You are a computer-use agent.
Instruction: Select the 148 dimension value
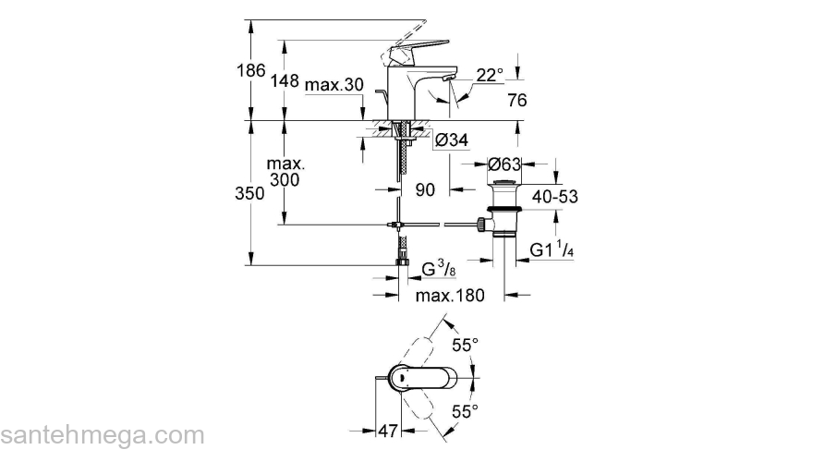(285, 81)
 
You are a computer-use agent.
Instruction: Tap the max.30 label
(334, 84)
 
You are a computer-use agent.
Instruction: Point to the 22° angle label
(491, 75)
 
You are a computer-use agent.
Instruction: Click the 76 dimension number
(517, 100)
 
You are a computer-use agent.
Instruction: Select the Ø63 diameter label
(505, 164)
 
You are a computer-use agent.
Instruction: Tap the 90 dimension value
(426, 190)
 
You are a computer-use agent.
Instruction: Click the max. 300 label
(285, 172)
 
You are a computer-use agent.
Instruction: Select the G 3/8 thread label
(437, 271)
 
